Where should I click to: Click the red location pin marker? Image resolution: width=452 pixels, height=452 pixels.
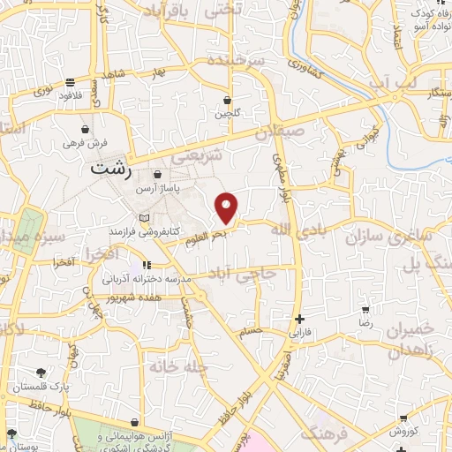pyautogui.click(x=227, y=208)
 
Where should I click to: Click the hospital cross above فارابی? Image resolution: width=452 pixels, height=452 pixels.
pyautogui.click(x=300, y=320)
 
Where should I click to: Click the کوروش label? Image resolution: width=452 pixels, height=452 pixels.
pyautogui.click(x=403, y=431)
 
